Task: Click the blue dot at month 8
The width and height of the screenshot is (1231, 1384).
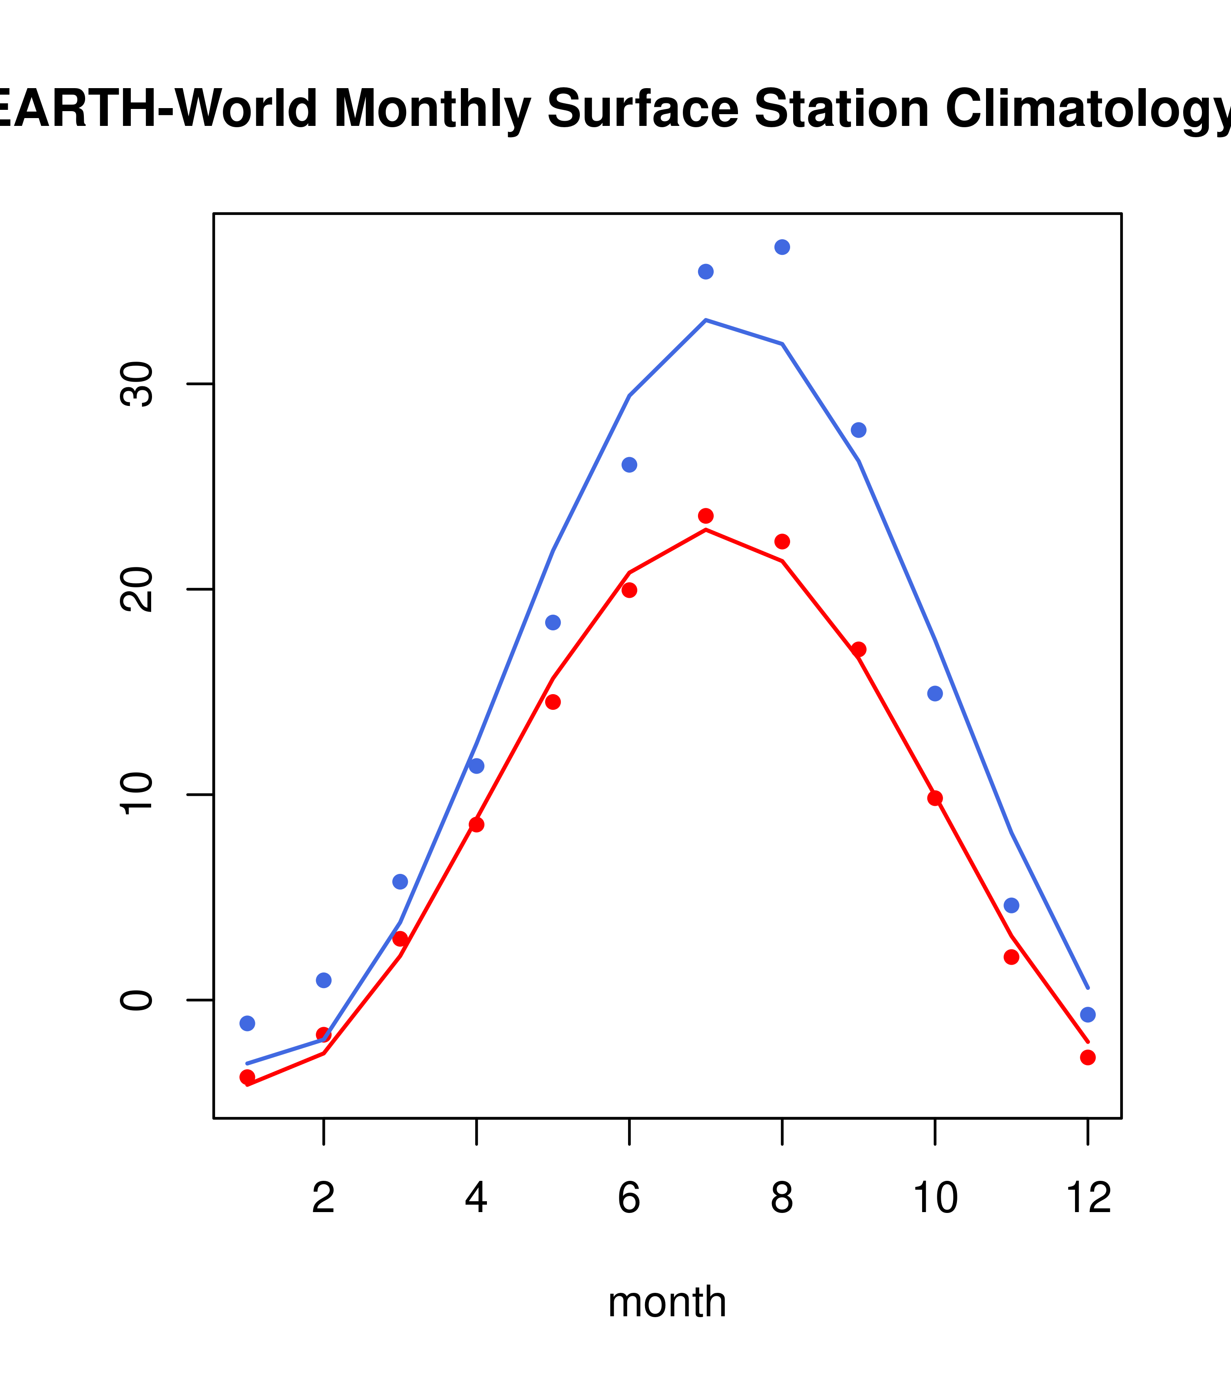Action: (782, 247)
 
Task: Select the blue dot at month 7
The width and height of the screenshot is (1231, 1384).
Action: (705, 271)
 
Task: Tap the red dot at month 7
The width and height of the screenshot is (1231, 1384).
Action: (705, 516)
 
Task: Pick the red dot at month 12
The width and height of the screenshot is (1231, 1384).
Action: (1087, 1058)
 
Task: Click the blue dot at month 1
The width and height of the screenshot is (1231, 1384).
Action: (247, 1023)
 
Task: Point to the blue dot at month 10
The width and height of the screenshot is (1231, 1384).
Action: (935, 693)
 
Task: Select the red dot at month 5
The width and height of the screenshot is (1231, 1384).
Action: (553, 702)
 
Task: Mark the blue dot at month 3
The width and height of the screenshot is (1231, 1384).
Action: (400, 882)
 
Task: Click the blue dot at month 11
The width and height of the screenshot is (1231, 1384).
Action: (1011, 905)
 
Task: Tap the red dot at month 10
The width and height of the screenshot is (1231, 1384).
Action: (935, 798)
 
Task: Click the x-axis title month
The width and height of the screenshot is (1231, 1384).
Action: (667, 1302)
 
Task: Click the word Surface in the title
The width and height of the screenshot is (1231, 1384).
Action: (642, 109)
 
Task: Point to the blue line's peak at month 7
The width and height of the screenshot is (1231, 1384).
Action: (705, 320)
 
